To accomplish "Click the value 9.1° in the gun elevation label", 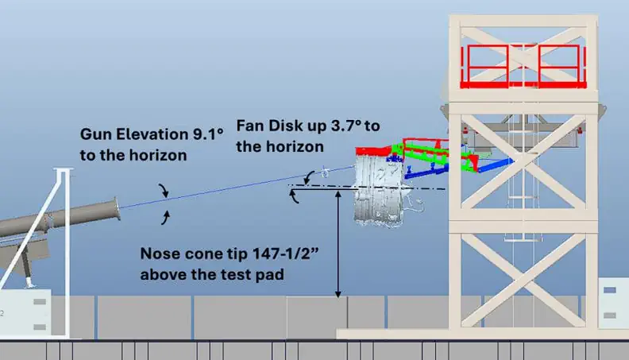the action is (208, 134).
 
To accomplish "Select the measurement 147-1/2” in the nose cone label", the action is (286, 254).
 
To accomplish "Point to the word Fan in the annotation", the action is (250, 126).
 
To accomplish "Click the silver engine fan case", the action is (378, 191).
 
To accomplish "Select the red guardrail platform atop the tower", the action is (523, 66).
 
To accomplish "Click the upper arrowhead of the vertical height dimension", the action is (338, 194).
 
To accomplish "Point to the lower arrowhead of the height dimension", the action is (338, 294).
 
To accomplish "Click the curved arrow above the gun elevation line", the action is (164, 190).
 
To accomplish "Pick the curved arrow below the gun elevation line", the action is (165, 218).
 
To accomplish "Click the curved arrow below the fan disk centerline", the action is (294, 196).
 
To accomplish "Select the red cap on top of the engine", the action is (373, 151).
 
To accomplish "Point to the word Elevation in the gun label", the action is (152, 134).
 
